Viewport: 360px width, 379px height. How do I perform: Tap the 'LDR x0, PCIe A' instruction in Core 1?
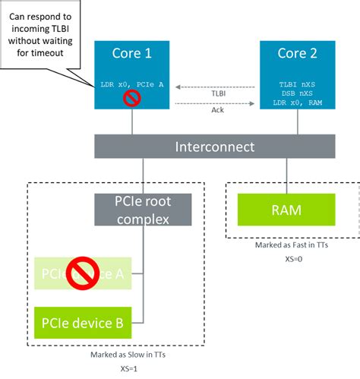point(132,84)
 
